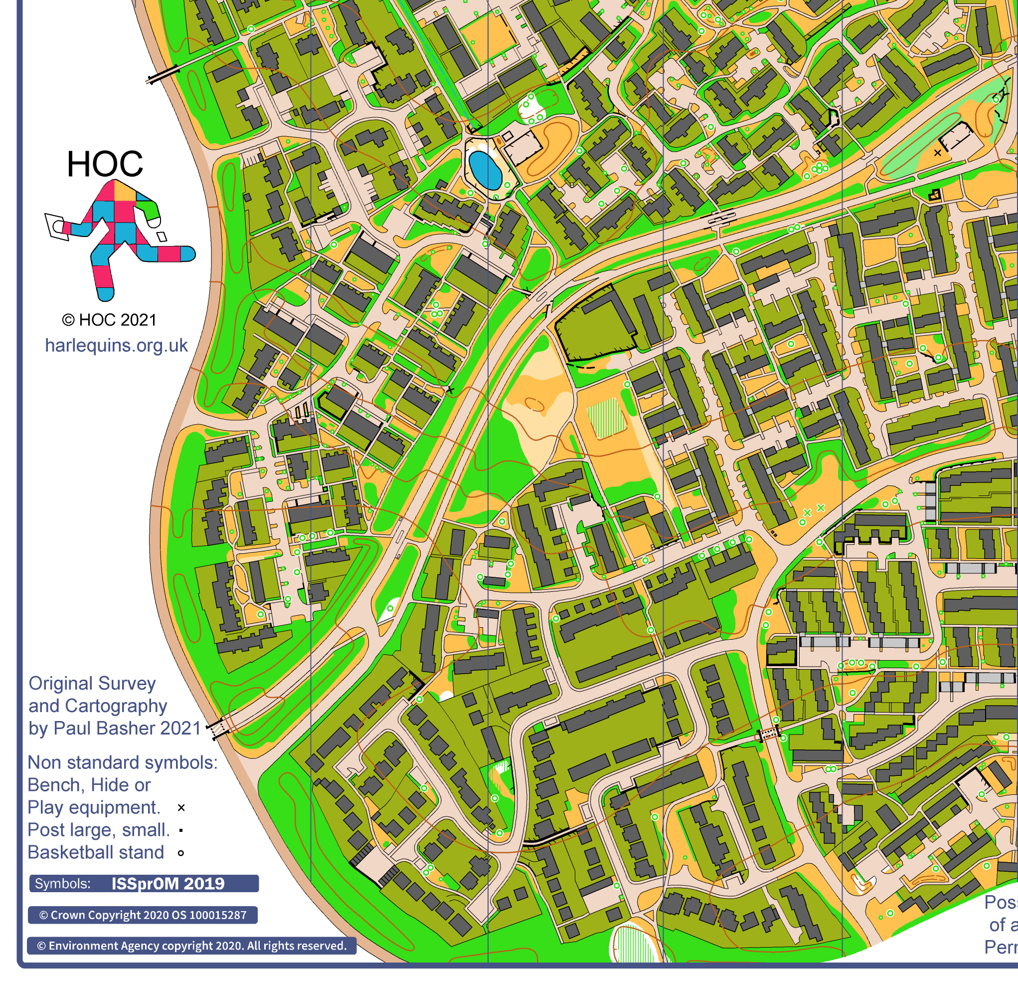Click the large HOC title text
coord(105,164)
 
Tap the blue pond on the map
coord(485,170)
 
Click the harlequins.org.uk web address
coord(116,345)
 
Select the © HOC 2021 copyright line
coord(109,320)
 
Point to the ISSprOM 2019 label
coord(168,883)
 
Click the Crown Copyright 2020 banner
coord(143,915)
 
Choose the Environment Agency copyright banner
coord(191,946)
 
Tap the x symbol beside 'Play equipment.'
coord(181,807)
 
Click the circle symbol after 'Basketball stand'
coord(181,853)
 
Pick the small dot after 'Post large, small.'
coord(181,830)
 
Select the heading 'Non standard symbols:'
coord(123,762)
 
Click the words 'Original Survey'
coord(92,683)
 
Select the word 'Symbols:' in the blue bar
coord(62,883)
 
